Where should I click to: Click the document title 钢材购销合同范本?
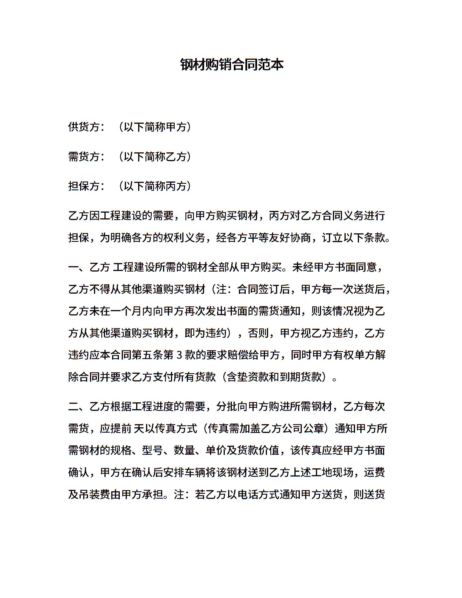[232, 65]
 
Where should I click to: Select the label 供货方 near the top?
[84, 127]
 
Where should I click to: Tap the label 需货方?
[84, 157]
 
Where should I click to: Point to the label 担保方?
[84, 186]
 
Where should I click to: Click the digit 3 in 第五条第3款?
[179, 355]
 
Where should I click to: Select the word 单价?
[216, 450]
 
